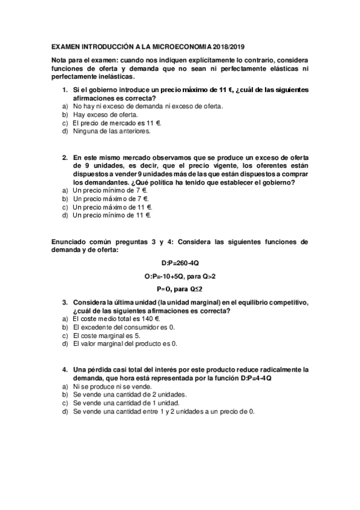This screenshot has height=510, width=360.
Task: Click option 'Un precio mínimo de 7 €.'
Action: click(111, 189)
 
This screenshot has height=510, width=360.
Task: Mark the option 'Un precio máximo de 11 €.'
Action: click(112, 206)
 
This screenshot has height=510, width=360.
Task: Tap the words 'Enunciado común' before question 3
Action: click(79, 242)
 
